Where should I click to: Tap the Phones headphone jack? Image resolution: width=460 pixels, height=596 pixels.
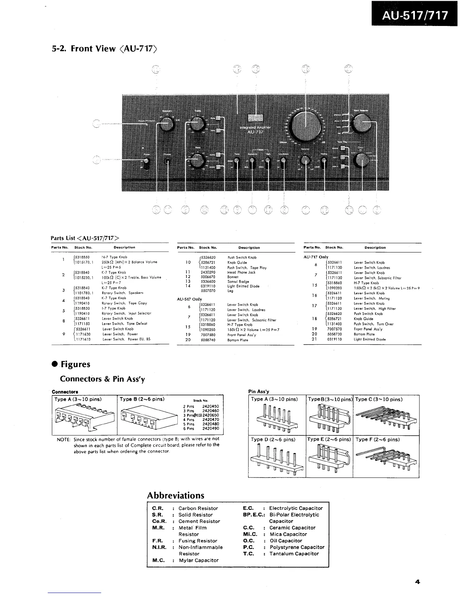[168, 162]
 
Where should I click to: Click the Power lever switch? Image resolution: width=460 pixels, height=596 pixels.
[146, 163]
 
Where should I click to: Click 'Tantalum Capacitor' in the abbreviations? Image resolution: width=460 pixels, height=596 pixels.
[294, 553]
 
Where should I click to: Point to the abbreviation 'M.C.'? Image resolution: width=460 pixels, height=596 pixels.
[158, 560]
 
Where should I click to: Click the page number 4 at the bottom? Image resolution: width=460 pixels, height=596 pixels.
[417, 582]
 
